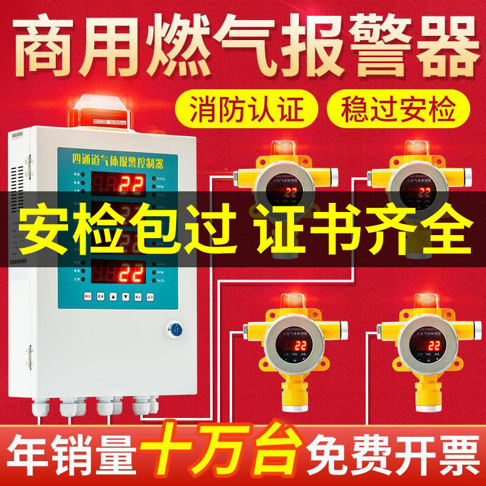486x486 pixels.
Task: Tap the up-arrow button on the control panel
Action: (x=114, y=296)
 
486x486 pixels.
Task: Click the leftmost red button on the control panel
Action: (x=86, y=296)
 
